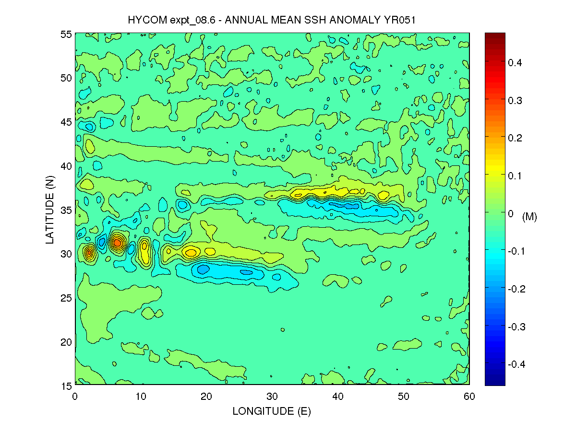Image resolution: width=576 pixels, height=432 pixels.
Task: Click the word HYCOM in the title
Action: [x=145, y=20]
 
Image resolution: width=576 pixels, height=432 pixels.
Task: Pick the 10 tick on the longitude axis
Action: [x=141, y=397]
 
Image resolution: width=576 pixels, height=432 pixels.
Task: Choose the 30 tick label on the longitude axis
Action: [x=272, y=397]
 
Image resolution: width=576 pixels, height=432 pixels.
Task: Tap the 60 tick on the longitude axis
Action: [x=469, y=397]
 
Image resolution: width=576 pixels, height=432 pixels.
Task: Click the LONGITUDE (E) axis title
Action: [x=272, y=411]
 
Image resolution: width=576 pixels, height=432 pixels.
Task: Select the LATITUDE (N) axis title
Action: [x=51, y=210]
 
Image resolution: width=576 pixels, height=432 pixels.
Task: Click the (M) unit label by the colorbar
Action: [x=529, y=217]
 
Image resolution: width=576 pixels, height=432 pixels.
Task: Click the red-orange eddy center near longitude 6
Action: [x=117, y=243]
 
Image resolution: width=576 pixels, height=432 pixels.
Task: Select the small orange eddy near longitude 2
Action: [x=89, y=252]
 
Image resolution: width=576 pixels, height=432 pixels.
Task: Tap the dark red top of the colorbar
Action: [x=495, y=36]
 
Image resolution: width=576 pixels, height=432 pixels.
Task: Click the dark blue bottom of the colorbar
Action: [x=495, y=382]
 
